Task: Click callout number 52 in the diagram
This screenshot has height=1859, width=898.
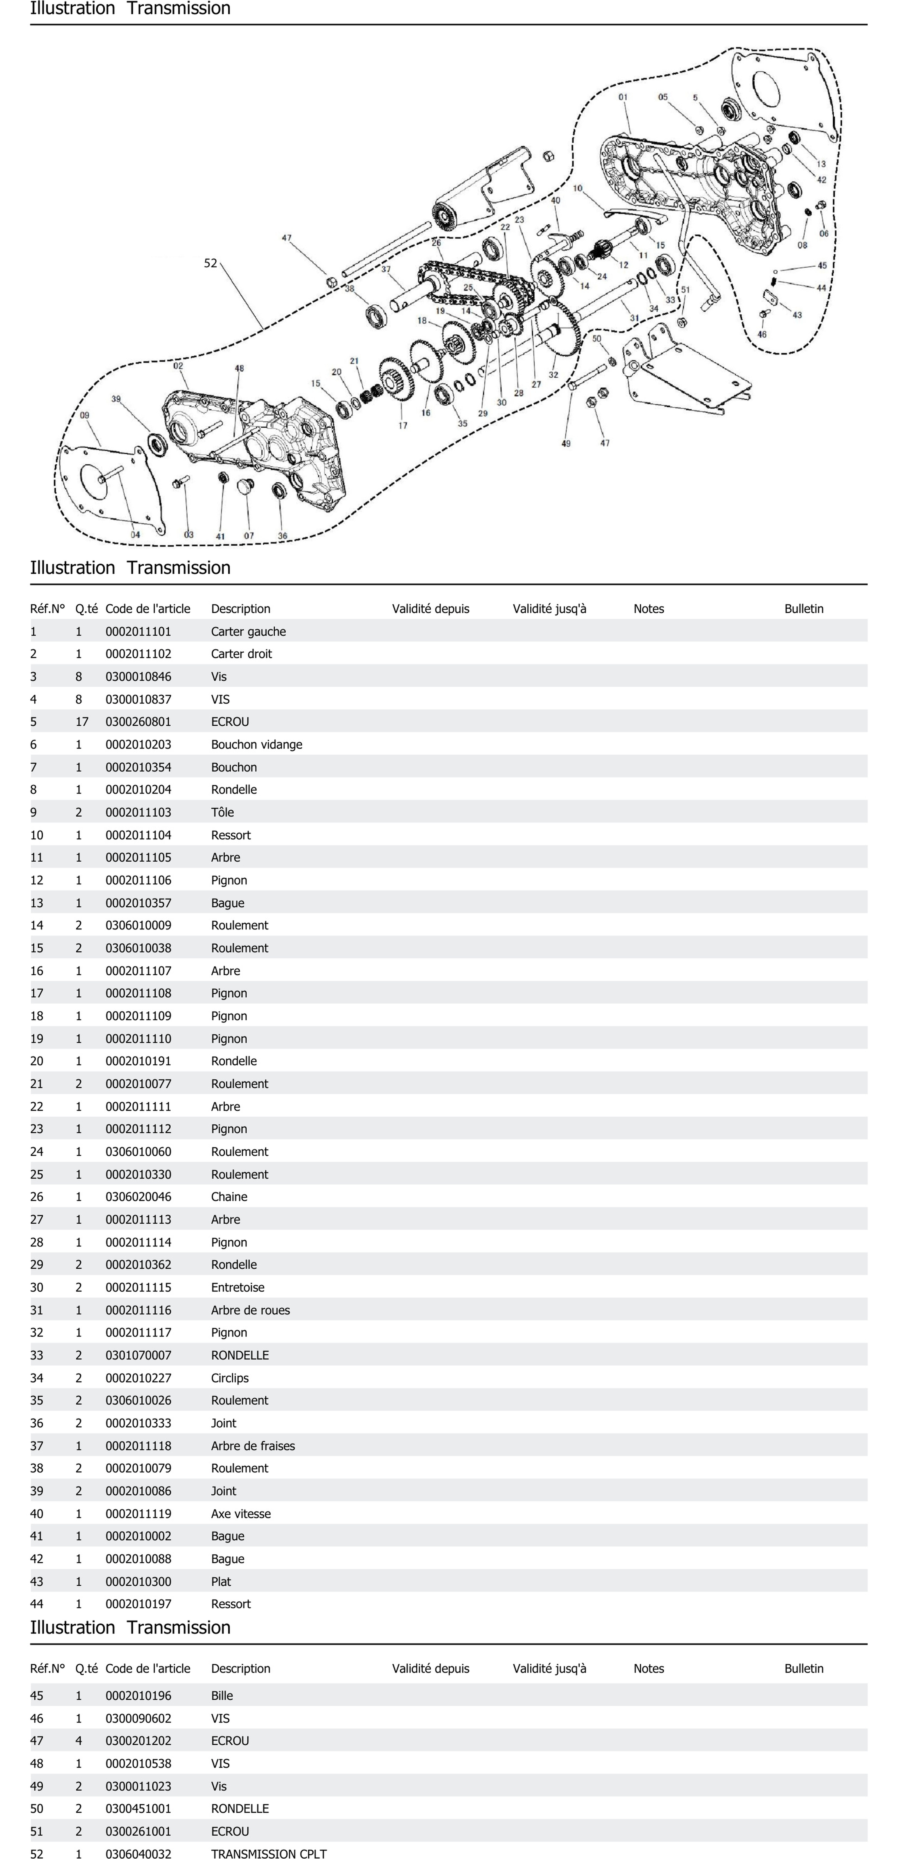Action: tap(210, 263)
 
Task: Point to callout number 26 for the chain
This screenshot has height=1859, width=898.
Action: tap(436, 243)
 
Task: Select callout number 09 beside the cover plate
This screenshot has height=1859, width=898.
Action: tap(84, 415)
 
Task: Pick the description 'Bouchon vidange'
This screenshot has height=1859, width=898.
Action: tap(256, 744)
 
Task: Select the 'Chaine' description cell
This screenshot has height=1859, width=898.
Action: tap(229, 1197)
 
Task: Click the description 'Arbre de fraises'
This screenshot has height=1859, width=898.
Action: tap(253, 1446)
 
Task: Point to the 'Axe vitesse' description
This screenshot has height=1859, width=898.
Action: tap(240, 1513)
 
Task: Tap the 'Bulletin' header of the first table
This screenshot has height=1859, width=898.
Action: tap(803, 608)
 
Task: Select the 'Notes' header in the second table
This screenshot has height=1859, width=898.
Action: tap(648, 1668)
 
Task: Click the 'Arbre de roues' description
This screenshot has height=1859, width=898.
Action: tap(250, 1310)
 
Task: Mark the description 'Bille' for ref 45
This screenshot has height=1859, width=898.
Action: tap(222, 1695)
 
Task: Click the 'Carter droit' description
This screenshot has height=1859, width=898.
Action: tap(241, 654)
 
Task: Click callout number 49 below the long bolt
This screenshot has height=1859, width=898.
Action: tap(566, 443)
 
